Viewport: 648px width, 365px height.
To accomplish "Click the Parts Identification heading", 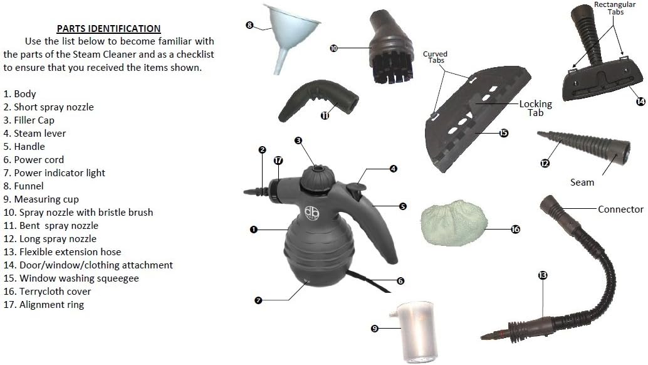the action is tap(108, 28).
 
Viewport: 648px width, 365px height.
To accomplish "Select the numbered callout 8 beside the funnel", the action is tap(249, 25).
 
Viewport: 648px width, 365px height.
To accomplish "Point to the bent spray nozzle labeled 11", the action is tap(318, 100).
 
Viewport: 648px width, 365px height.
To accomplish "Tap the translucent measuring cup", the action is tap(415, 332).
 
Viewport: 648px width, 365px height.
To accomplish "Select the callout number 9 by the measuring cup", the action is tap(374, 329).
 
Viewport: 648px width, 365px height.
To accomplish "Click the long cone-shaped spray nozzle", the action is tap(584, 146).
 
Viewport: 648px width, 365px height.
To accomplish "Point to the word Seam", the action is tap(582, 182).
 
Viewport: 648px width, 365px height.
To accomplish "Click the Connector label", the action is tap(620, 209).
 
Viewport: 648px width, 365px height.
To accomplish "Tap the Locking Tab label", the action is tap(536, 108).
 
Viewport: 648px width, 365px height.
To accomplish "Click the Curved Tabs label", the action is tap(435, 57).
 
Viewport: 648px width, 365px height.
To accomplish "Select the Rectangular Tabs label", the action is tap(615, 8).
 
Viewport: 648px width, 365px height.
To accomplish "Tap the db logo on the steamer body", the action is tap(311, 213).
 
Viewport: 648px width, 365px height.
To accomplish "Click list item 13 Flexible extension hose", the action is tap(63, 251).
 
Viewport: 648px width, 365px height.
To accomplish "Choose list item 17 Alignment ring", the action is tap(44, 305).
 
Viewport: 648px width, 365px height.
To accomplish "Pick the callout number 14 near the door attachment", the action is tap(640, 101).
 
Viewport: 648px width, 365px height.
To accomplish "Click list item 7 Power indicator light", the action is tap(54, 173).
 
